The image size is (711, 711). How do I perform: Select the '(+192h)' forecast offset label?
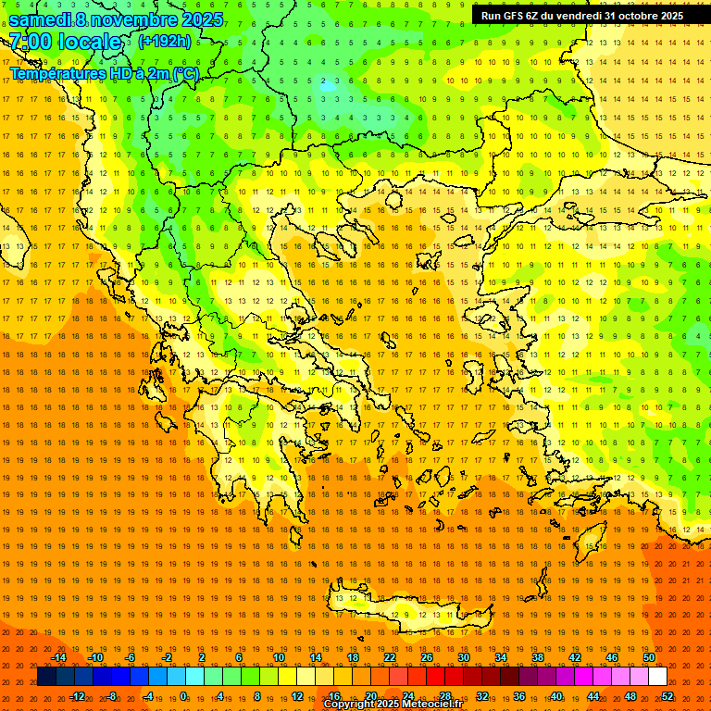pyautogui.click(x=164, y=41)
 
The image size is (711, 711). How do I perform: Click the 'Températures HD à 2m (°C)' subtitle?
pyautogui.click(x=104, y=73)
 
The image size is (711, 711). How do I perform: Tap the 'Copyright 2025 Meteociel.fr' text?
pyautogui.click(x=393, y=705)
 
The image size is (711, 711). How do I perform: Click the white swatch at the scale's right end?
pyautogui.click(x=658, y=677)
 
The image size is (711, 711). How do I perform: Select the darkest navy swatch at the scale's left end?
pyautogui.click(x=47, y=677)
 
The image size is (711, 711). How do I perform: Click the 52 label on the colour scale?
pyautogui.click(x=667, y=695)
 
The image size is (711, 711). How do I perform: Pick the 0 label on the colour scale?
pyautogui.click(x=184, y=695)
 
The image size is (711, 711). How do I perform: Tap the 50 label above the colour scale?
pyautogui.click(x=649, y=657)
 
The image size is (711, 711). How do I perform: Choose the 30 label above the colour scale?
pyautogui.click(x=464, y=657)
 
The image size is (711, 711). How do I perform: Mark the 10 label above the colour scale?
pyautogui.click(x=279, y=657)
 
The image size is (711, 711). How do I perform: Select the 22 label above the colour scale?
pyautogui.click(x=390, y=657)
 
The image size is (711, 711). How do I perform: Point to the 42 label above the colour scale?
pyautogui.click(x=575, y=657)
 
